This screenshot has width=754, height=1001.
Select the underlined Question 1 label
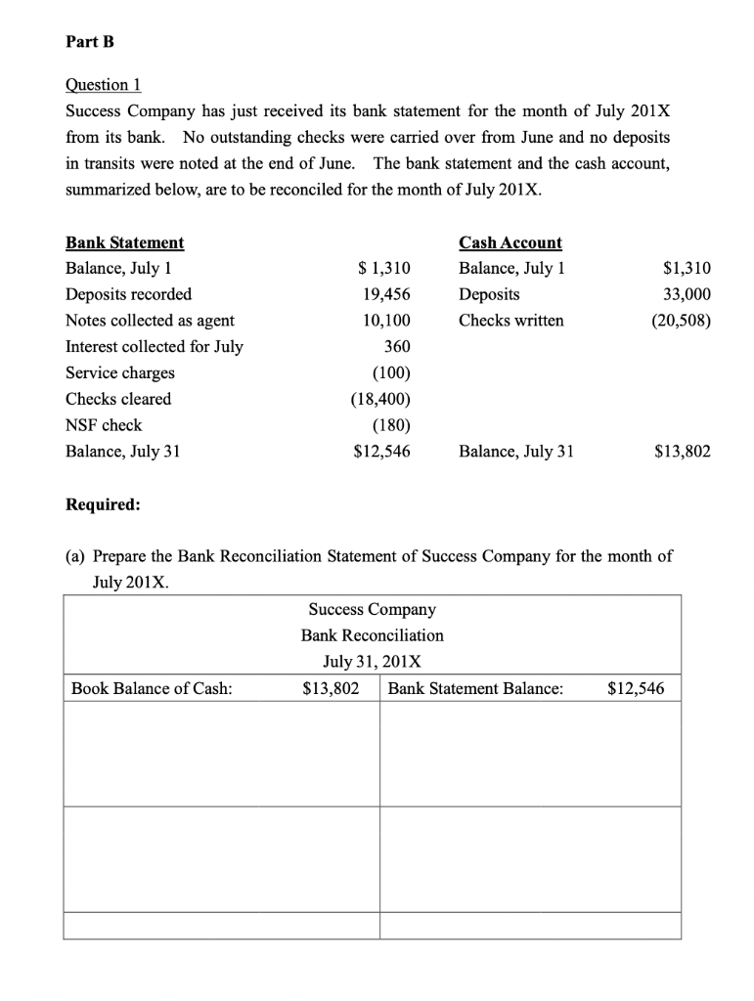(x=101, y=85)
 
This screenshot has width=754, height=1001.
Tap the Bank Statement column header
(x=124, y=242)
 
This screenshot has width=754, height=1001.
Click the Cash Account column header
(x=510, y=242)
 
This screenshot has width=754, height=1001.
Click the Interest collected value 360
(x=397, y=346)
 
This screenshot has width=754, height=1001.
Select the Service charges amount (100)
(x=391, y=372)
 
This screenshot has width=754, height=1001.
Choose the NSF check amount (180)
(x=391, y=425)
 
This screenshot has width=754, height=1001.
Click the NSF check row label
(x=104, y=425)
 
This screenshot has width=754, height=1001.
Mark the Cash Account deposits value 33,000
(x=687, y=294)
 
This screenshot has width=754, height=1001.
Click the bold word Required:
(x=103, y=505)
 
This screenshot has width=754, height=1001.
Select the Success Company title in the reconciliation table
(x=373, y=609)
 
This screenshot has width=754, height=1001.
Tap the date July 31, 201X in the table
(x=373, y=662)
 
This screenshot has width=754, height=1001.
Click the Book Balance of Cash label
(x=153, y=688)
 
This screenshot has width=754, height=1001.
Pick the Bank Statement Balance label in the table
(x=475, y=688)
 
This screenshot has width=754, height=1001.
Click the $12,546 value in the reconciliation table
(x=636, y=688)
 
